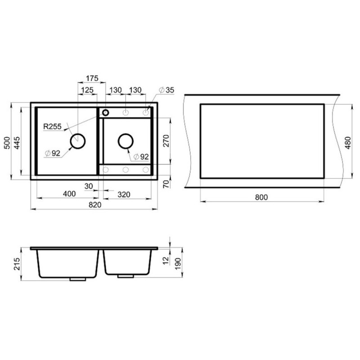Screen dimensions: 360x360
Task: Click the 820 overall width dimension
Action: point(95,205)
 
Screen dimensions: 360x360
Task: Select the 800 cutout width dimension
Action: point(261,197)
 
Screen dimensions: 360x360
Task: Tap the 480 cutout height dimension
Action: point(348,143)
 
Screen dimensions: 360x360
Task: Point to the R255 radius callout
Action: point(52,126)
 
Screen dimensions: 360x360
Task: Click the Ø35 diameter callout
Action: point(166,90)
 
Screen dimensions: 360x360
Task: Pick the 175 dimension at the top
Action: point(92,78)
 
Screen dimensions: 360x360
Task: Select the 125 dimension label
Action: point(87,90)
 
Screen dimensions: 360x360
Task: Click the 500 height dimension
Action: point(7,143)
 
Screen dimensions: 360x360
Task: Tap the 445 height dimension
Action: point(17,143)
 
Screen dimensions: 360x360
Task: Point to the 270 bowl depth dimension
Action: point(166,141)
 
